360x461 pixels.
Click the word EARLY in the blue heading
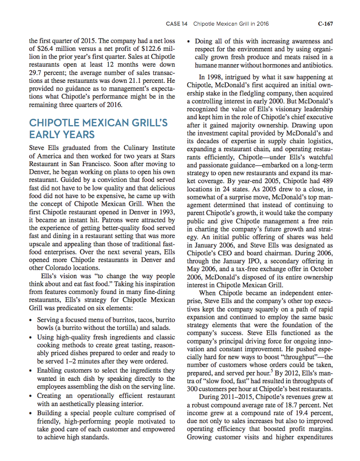click(45, 134)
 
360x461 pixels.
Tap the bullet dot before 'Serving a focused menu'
click(30, 320)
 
